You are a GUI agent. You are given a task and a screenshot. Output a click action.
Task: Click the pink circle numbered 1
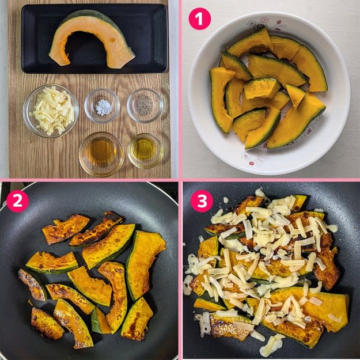pyautogui.click(x=199, y=19)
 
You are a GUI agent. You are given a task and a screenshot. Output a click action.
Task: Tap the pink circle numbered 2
pyautogui.click(x=17, y=201)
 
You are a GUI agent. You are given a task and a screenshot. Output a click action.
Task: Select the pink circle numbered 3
pyautogui.click(x=202, y=201)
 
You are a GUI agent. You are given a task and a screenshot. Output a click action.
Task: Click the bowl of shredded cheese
pyautogui.click(x=51, y=111)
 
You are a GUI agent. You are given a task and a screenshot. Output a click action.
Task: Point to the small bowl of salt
pyautogui.click(x=102, y=105)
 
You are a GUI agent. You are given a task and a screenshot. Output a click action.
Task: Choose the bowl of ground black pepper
pyautogui.click(x=145, y=105)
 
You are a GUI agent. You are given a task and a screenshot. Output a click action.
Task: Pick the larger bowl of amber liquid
pyautogui.click(x=101, y=154)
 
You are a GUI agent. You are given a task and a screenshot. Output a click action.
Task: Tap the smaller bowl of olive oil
pyautogui.click(x=145, y=150)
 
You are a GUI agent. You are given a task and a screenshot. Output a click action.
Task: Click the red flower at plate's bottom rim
pyautogui.click(x=252, y=163)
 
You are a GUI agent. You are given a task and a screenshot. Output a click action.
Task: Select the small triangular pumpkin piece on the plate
pyautogui.click(x=295, y=95)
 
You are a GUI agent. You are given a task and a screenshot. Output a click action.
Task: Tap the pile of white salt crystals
pyautogui.click(x=104, y=107)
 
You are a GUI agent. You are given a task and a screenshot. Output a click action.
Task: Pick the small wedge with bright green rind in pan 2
pyautogui.click(x=99, y=321)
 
